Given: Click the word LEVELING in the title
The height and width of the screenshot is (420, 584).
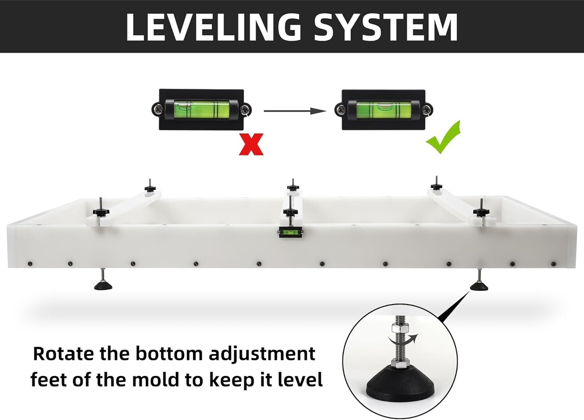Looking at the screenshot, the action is click(x=214, y=27).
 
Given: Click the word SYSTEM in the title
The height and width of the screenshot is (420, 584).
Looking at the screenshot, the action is click(x=385, y=27).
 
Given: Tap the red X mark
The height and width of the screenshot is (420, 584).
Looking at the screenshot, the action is click(x=251, y=144).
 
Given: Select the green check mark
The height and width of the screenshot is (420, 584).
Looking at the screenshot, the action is click(x=443, y=137).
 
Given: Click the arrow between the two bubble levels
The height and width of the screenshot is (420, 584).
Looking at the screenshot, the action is click(x=295, y=111).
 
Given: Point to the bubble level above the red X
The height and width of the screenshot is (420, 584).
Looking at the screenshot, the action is click(x=201, y=110).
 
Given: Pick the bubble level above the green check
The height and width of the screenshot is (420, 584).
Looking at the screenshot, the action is click(x=384, y=110).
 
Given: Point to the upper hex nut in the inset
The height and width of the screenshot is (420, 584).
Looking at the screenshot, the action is click(x=399, y=328).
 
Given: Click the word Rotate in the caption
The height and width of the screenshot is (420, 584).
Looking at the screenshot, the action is click(x=64, y=354).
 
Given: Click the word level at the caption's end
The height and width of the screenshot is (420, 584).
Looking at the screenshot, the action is click(x=300, y=380).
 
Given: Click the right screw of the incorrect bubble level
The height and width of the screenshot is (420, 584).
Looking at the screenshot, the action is click(x=245, y=110).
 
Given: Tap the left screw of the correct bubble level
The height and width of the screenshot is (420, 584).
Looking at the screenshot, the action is click(x=341, y=110).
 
